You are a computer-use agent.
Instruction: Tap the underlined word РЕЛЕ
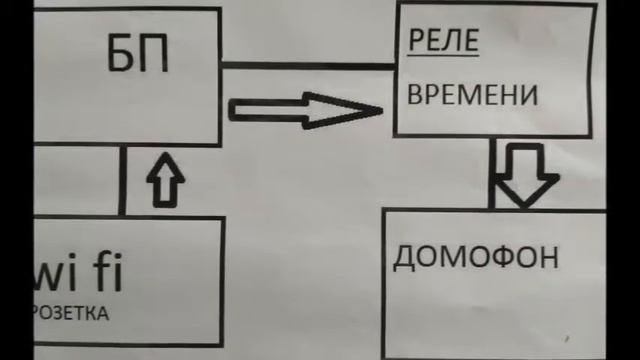(x=443, y=43)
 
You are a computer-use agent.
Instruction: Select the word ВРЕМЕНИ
(x=472, y=95)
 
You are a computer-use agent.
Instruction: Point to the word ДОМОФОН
(x=475, y=258)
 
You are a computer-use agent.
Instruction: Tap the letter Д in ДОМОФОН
(x=403, y=259)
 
